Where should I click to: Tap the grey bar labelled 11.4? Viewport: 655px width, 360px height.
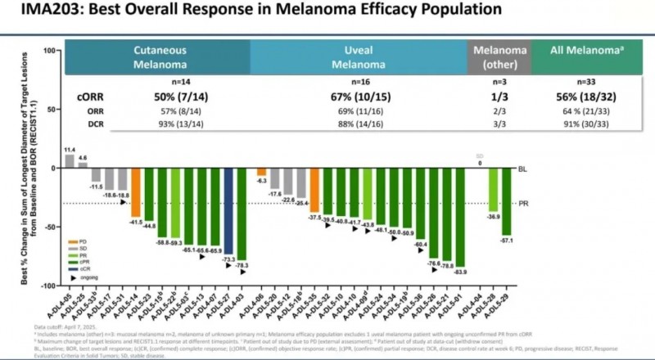tap(70, 160)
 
